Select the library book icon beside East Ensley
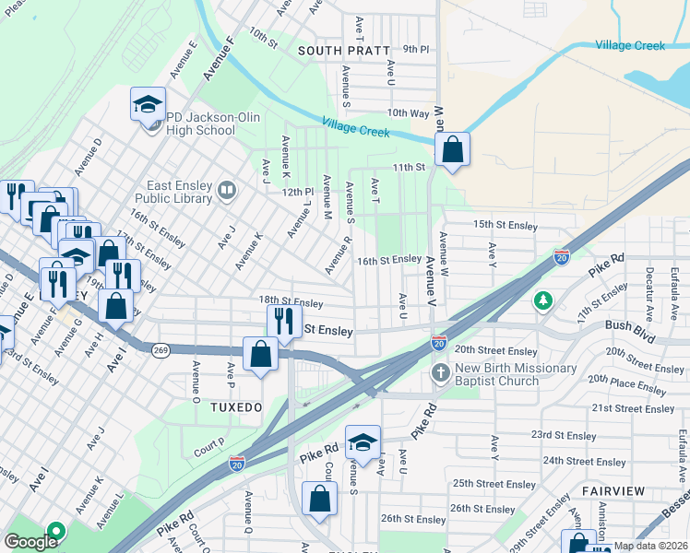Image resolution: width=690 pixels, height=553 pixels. tap(227, 192)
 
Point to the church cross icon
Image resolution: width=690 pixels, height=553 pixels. tap(441, 373)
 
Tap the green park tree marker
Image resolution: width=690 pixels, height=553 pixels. tap(544, 300)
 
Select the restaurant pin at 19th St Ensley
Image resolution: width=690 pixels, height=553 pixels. tap(283, 322)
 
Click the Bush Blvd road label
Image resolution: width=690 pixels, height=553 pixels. tap(630, 325)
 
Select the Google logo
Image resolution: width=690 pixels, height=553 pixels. tap(30, 541)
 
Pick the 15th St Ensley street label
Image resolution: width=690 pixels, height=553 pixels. tap(505, 224)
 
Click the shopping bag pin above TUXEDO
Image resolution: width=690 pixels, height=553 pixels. tap(261, 354)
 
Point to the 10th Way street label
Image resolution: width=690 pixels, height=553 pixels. tap(409, 112)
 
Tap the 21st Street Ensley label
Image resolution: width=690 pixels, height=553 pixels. tap(629, 407)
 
